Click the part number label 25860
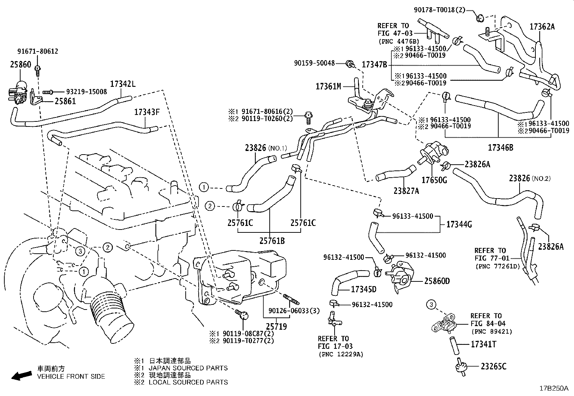[x=20, y=65]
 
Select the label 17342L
[x=123, y=84]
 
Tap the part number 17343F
[x=147, y=112]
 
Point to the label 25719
[x=276, y=326]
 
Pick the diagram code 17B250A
[x=553, y=388]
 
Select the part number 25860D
[x=437, y=281]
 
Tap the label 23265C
[x=493, y=366]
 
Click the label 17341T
[x=483, y=344]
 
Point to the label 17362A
[x=542, y=26]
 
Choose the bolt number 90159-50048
[x=314, y=63]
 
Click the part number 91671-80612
[x=37, y=52]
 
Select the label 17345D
[x=363, y=289]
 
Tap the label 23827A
[x=406, y=191]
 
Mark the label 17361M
[x=328, y=86]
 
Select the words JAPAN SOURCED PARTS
[x=188, y=368]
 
